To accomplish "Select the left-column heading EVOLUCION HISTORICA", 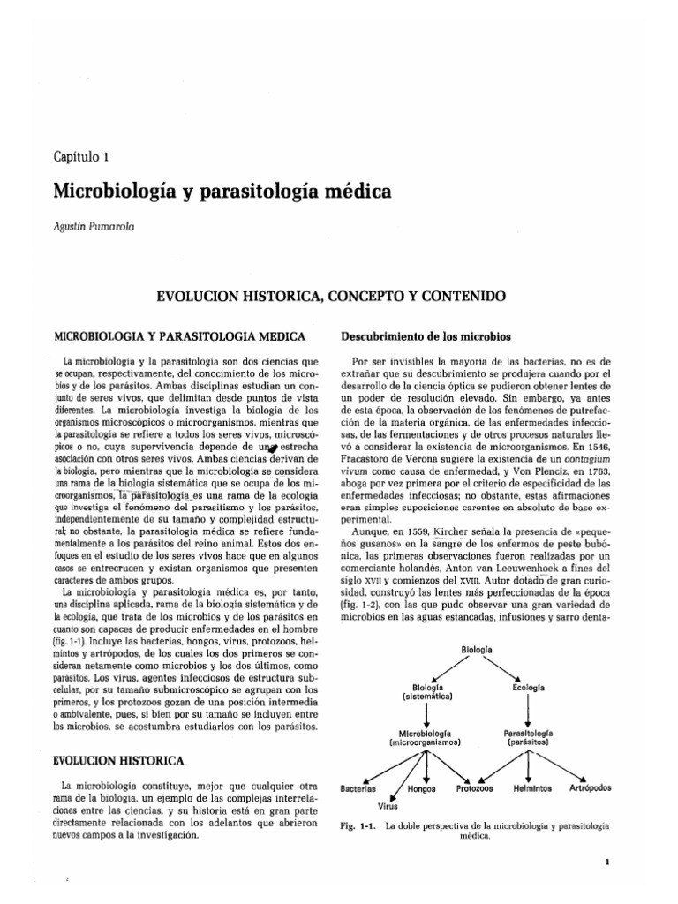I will pyautogui.click(x=119, y=759).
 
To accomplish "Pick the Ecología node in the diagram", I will pyautogui.click(x=527, y=687).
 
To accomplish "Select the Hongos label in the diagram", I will pyautogui.click(x=422, y=787).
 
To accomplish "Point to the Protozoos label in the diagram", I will pyautogui.click(x=475, y=787).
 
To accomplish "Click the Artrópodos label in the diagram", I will pyautogui.click(x=591, y=787).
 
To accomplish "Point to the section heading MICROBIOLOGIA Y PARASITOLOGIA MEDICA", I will pyautogui.click(x=179, y=336).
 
